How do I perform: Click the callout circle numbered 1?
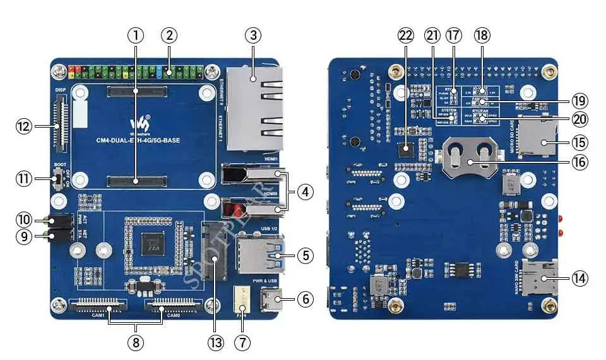(138, 35)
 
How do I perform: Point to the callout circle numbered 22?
(405, 35)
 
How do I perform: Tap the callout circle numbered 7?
(242, 342)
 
